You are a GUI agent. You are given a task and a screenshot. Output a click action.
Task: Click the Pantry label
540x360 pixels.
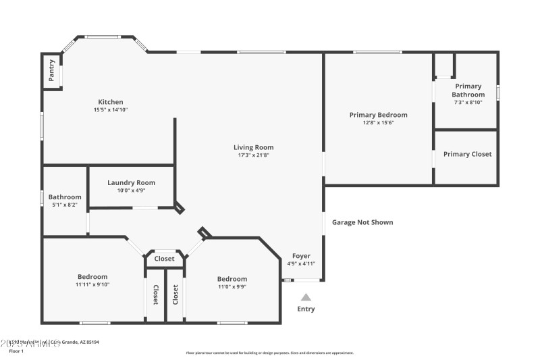click(x=51, y=71)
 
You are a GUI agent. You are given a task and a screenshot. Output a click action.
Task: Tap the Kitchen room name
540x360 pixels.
click(x=111, y=102)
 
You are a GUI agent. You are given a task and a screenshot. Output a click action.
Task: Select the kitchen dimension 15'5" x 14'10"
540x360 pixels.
click(x=111, y=110)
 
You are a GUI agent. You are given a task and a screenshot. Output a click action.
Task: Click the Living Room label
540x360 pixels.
click(x=253, y=147)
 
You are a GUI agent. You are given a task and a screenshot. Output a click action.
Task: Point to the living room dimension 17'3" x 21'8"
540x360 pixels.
click(x=253, y=155)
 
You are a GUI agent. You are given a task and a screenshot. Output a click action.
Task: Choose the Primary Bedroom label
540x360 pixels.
click(x=378, y=115)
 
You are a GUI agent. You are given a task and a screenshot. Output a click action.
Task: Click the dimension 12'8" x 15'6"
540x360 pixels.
click(x=378, y=123)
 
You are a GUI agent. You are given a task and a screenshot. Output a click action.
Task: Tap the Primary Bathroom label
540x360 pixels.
click(x=468, y=91)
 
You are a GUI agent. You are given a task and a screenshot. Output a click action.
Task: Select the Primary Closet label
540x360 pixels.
click(x=467, y=154)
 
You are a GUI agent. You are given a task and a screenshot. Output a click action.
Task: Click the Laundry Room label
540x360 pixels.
click(x=131, y=182)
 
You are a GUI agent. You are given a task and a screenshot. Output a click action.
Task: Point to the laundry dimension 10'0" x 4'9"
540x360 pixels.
click(x=131, y=190)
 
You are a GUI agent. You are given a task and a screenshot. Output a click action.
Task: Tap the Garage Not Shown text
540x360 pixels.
click(x=362, y=222)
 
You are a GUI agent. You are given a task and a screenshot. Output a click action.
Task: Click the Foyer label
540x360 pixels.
click(x=301, y=256)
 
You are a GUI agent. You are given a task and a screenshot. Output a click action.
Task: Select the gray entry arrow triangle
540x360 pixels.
click(x=306, y=297)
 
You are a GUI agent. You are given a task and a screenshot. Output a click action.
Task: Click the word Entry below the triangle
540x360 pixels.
click(x=306, y=309)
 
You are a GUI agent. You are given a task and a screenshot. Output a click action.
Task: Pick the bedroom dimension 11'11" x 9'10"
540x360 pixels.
click(x=92, y=284)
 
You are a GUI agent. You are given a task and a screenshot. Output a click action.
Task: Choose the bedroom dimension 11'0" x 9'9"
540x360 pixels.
click(x=232, y=287)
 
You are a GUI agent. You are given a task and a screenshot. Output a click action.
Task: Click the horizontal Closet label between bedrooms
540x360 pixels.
click(x=164, y=259)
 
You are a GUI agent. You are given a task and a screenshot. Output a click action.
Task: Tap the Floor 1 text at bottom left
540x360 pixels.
click(x=16, y=351)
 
